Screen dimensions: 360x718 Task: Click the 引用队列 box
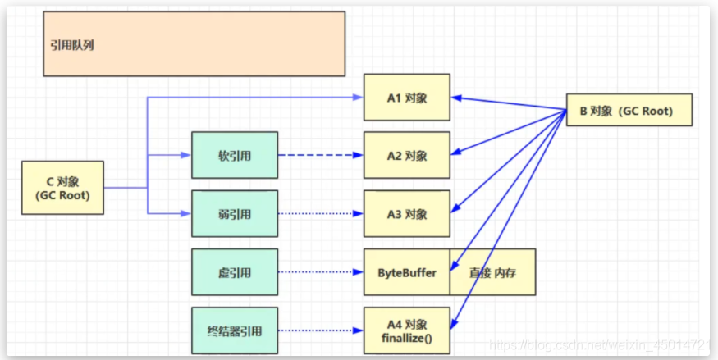coord(194,43)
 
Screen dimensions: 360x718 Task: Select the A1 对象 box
coord(407,97)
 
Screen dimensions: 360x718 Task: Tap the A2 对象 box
coord(407,155)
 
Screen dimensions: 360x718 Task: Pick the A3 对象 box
coord(407,214)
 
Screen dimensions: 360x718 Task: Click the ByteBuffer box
coord(407,272)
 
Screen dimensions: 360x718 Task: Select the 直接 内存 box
coord(492,272)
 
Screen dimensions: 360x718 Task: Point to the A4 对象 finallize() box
coord(407,330)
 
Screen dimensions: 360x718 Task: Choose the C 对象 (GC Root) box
coord(62,188)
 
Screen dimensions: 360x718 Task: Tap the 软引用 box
coord(235,155)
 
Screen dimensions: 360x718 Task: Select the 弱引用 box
coord(235,214)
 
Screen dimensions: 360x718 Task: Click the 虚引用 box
coord(235,272)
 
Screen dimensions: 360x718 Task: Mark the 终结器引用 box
coord(235,331)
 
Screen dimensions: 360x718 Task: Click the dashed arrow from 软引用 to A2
coord(321,155)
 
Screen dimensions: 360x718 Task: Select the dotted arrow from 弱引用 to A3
coord(321,214)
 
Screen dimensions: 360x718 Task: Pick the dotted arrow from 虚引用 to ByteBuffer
coord(321,272)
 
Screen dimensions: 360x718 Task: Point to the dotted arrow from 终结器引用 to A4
coord(321,331)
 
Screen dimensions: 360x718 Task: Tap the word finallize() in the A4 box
coord(407,337)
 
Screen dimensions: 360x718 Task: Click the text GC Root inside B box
coord(647,112)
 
